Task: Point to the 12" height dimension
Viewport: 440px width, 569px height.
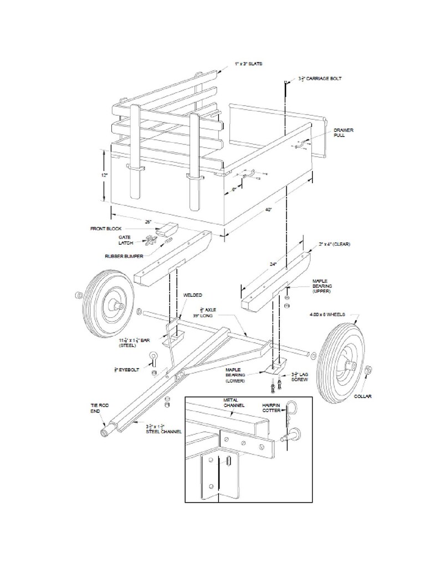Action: [x=104, y=175]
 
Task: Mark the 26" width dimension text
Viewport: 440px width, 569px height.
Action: [x=149, y=222]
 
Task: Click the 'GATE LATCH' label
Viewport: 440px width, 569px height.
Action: [x=125, y=240]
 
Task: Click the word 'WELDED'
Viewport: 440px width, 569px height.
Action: [x=192, y=295]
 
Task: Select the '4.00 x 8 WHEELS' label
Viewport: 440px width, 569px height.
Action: [x=327, y=314]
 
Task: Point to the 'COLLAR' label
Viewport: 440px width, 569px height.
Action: [x=363, y=396]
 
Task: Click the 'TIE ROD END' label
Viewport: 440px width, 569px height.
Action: [x=100, y=408]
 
